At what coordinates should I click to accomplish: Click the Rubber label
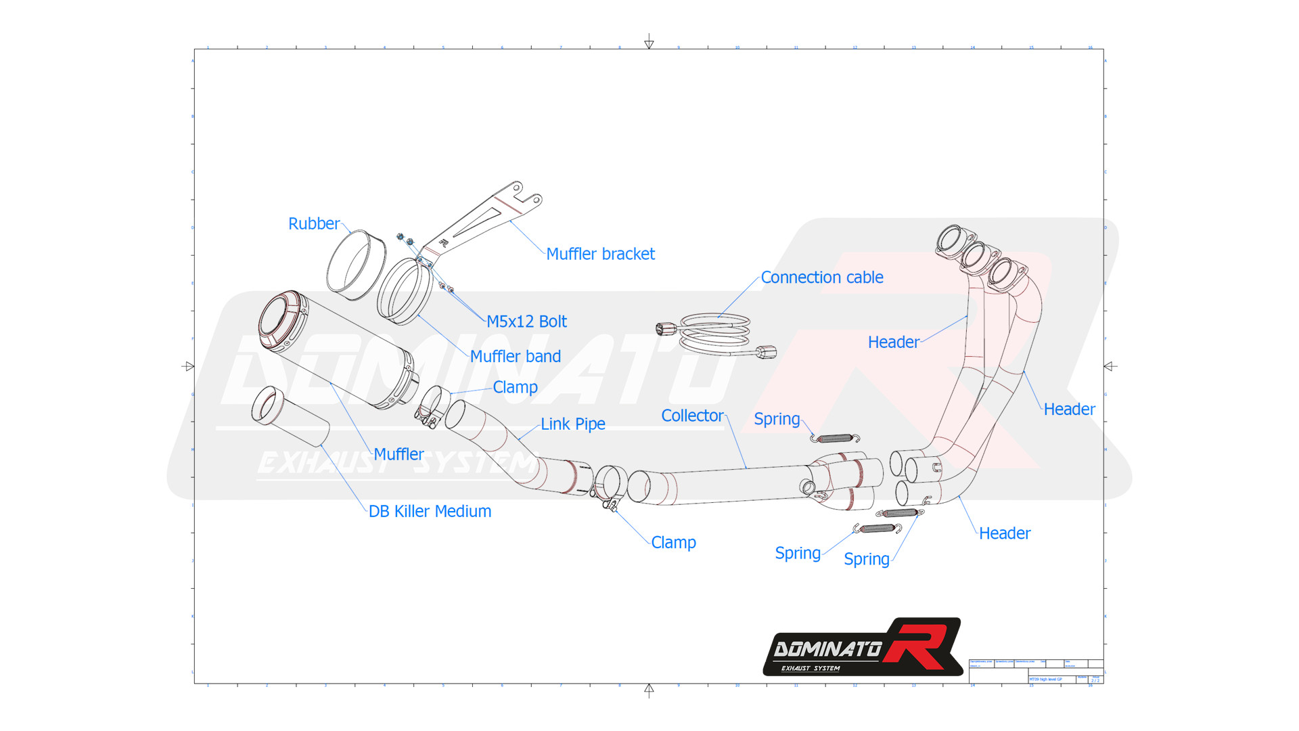pyautogui.click(x=313, y=224)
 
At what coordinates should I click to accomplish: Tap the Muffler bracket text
pyautogui.click(x=600, y=254)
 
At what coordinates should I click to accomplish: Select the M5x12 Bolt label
pyautogui.click(x=526, y=322)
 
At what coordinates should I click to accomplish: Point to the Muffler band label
pyautogui.click(x=515, y=357)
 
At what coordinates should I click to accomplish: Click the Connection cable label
pyautogui.click(x=821, y=278)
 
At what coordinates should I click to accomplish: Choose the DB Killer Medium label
pyautogui.click(x=430, y=512)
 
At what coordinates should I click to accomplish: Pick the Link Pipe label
pyautogui.click(x=572, y=424)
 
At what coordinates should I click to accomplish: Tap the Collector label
pyautogui.click(x=691, y=416)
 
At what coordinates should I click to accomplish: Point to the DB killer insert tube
pyautogui.click(x=290, y=416)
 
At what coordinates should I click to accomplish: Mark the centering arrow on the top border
pyautogui.click(x=649, y=43)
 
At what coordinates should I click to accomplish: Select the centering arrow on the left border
pyautogui.click(x=189, y=366)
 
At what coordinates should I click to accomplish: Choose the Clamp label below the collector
pyautogui.click(x=673, y=543)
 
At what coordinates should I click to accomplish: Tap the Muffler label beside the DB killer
pyautogui.click(x=398, y=454)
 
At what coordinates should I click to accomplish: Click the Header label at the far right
pyautogui.click(x=1068, y=409)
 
